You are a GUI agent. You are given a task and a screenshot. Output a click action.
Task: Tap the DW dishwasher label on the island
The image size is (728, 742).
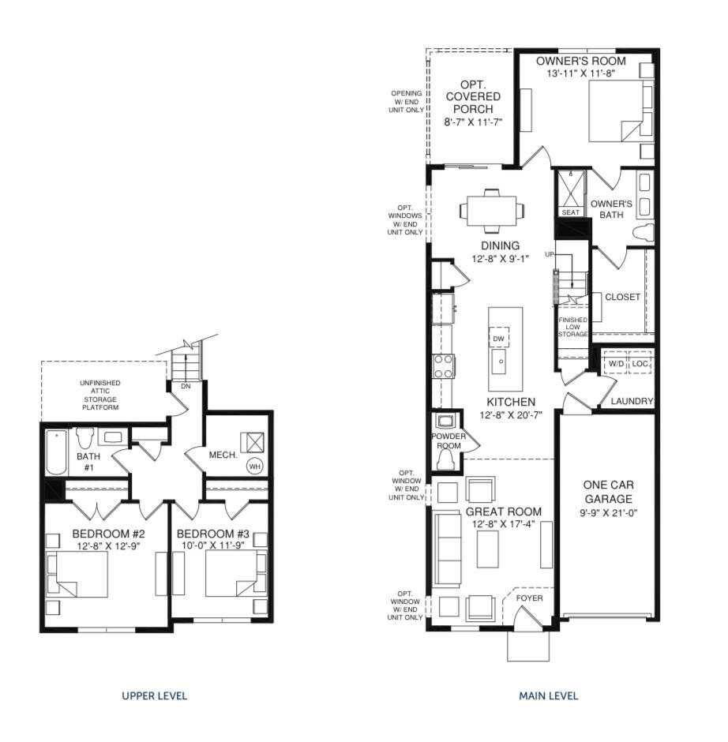pyautogui.click(x=498, y=339)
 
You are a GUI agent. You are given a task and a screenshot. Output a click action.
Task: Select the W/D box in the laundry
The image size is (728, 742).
pyautogui.click(x=616, y=364)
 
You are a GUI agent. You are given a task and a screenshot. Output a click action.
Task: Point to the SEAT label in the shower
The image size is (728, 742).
pyautogui.click(x=569, y=212)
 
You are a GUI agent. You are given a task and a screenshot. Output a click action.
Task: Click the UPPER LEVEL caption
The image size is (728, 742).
pyautogui.click(x=154, y=695)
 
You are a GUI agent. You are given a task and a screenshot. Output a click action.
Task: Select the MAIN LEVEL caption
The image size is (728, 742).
pyautogui.click(x=548, y=695)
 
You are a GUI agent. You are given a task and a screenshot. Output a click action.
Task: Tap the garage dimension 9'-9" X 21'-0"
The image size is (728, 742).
pyautogui.click(x=608, y=513)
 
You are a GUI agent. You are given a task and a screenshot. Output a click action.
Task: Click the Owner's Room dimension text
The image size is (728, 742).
pyautogui.click(x=580, y=73)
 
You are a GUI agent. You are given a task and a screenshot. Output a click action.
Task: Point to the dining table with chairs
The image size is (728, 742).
pyautogui.click(x=491, y=210)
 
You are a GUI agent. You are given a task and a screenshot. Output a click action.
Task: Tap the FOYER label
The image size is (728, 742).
pyautogui.click(x=530, y=598)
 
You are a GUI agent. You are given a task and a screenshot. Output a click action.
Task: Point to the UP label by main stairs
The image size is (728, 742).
pyautogui.click(x=549, y=255)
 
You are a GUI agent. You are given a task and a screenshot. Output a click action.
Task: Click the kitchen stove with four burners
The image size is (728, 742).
pyautogui.click(x=444, y=366)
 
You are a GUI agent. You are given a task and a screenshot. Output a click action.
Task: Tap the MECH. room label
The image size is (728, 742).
pyautogui.click(x=224, y=455)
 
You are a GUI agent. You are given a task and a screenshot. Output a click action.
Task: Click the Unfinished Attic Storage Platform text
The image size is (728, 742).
pyautogui.click(x=99, y=395)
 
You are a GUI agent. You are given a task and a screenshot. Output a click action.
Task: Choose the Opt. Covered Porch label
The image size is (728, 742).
pyautogui.click(x=473, y=103)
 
